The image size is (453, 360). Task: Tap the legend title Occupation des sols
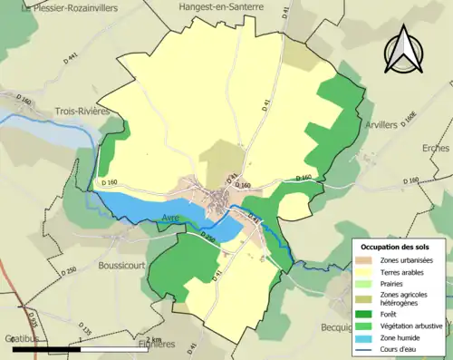399,247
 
